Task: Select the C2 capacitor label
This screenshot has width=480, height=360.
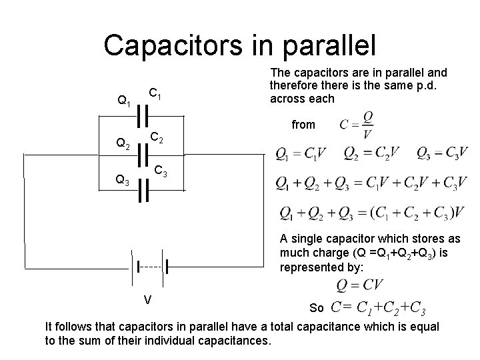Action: (x=156, y=139)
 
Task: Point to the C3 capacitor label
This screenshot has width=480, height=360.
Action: (x=161, y=173)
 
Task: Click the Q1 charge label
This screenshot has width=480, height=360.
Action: (x=123, y=101)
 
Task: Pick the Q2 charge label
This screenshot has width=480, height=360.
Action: (x=123, y=143)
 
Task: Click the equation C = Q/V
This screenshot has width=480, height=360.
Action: (x=356, y=125)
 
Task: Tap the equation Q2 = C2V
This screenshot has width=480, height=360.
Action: (x=372, y=154)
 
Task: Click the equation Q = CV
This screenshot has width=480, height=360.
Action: (x=360, y=285)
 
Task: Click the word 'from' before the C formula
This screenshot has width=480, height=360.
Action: (x=304, y=124)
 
